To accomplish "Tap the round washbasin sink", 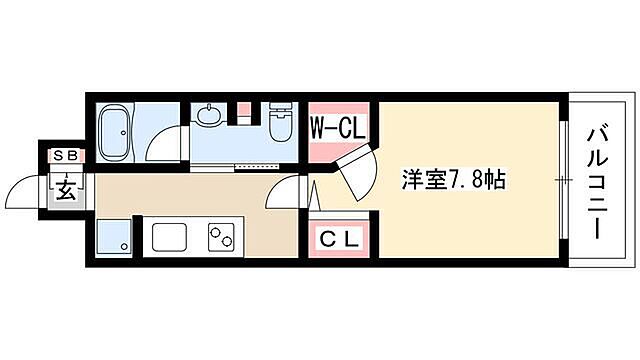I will click(x=212, y=117).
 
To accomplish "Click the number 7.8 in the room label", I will click(x=462, y=182).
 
